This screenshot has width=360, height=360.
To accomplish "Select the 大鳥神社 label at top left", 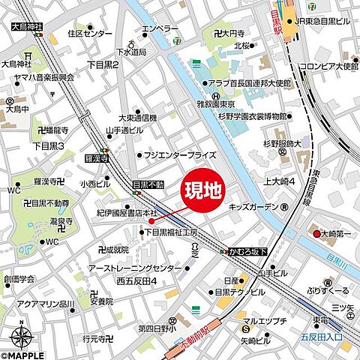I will [28, 27].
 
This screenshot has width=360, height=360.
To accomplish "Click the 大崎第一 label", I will [337, 232].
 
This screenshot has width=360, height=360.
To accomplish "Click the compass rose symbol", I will [22, 332].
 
